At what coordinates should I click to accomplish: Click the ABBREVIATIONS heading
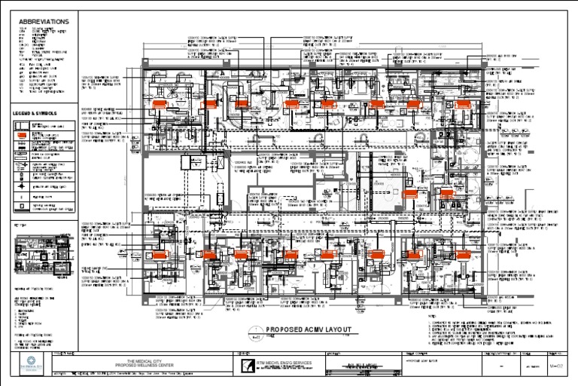(x=43, y=22)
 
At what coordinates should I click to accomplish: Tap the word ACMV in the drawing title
(x=309, y=330)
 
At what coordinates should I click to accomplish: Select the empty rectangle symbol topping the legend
(x=23, y=124)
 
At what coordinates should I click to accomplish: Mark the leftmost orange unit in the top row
(x=159, y=105)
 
